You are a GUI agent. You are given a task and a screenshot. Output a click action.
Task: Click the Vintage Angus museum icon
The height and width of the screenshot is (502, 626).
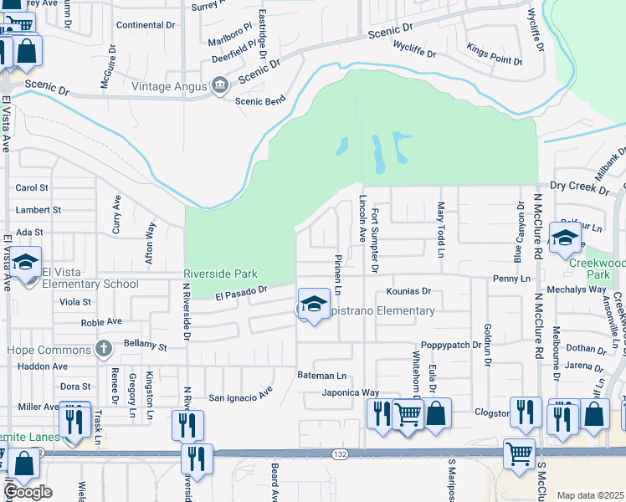click(x=220, y=85)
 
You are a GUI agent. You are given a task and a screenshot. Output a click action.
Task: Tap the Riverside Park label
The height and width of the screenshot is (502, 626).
click(x=221, y=274)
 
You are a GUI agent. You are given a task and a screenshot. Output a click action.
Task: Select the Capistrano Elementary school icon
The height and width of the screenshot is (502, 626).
click(x=314, y=305)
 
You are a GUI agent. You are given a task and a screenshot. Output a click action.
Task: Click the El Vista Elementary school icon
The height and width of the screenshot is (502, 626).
click(x=26, y=264)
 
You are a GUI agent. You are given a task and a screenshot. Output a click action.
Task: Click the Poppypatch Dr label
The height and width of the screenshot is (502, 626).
click(x=451, y=345)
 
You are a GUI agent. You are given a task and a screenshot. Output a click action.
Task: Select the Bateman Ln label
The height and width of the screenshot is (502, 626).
click(x=321, y=376)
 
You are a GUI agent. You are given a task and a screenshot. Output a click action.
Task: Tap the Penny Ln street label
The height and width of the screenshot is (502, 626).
click(x=512, y=278)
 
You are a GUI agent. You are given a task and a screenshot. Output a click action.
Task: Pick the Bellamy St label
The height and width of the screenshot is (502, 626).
click(x=145, y=345)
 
